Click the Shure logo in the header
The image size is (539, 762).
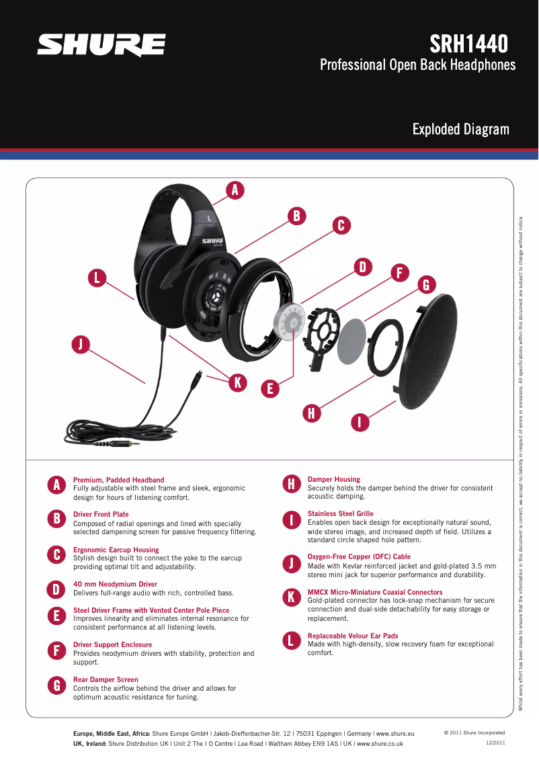click(101, 46)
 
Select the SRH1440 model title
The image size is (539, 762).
click(468, 44)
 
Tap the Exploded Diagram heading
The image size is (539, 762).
click(460, 129)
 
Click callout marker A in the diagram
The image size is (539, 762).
click(235, 190)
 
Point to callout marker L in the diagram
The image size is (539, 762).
click(97, 278)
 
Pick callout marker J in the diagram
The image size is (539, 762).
click(81, 345)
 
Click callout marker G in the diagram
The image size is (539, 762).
click(425, 285)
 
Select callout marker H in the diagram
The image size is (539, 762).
click(311, 413)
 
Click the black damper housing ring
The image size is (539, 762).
click(385, 345)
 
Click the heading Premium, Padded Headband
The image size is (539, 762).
click(118, 480)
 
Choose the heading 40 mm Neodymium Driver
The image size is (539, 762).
click(115, 585)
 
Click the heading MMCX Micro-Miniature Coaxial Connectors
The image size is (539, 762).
click(374, 593)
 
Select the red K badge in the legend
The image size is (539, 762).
click(291, 597)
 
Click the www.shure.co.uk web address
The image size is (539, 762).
click(379, 744)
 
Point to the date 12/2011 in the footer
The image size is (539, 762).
click(495, 743)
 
